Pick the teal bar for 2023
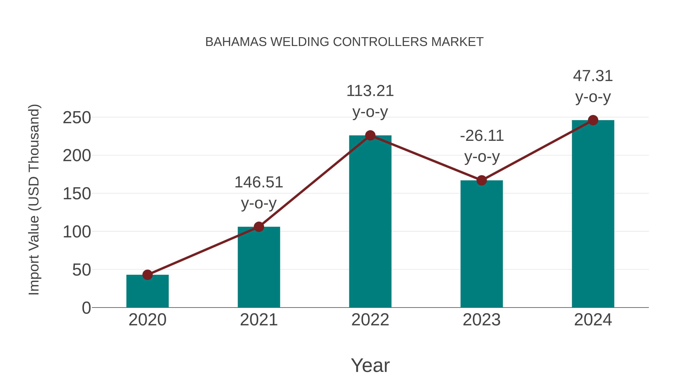482,244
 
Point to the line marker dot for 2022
370,135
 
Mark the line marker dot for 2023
482,180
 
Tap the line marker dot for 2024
593,120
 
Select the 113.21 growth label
370,91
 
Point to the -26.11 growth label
482,136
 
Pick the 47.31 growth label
593,76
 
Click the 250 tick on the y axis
77,118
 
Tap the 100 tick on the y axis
77,232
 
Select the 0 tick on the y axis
86,308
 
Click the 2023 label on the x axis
482,320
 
